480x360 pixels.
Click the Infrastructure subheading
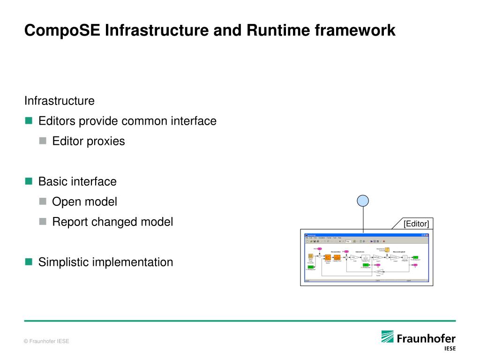pyautogui.click(x=60, y=101)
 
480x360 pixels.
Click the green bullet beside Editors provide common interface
pyautogui.click(x=29, y=121)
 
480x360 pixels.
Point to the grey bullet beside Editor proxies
pyautogui.click(x=43, y=141)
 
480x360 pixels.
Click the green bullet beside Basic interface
pyautogui.click(x=29, y=181)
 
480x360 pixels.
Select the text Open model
pyautogui.click(x=84, y=202)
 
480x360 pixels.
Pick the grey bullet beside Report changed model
pyautogui.click(x=43, y=221)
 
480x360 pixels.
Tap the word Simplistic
pyautogui.click(x=63, y=262)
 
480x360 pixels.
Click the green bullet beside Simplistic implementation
pyautogui.click(x=29, y=262)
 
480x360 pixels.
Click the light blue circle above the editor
pyautogui.click(x=363, y=201)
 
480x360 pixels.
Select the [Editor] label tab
pyautogui.click(x=416, y=224)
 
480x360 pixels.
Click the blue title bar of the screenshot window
pyautogui.click(x=366, y=234)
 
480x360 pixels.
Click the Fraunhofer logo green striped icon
pyautogui.click(x=387, y=337)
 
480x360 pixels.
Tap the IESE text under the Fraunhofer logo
pyautogui.click(x=449, y=348)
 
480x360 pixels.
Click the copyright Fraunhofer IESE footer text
pyautogui.click(x=46, y=341)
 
